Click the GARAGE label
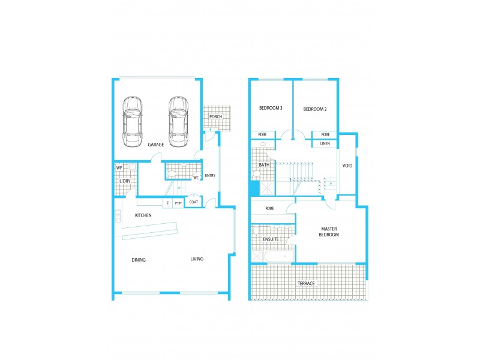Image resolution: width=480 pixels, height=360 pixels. coord(156,145)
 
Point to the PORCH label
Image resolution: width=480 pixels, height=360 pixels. coord(216,116)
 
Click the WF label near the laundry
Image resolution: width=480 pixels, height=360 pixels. coord(119,168)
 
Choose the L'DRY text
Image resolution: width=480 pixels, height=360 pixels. coord(125,181)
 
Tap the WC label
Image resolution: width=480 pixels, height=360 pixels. coord(196,178)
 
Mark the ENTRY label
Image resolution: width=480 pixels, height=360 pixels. coord(210,176)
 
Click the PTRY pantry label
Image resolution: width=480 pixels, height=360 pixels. coord(178,203)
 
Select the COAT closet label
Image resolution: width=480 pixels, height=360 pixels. coord(194,202)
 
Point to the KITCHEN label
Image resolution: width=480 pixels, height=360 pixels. coord(143,215)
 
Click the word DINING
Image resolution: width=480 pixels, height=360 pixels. coord(139,260)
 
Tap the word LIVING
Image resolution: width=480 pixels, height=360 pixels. coord(197,259)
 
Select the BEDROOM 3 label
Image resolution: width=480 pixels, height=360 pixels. coord(271,109)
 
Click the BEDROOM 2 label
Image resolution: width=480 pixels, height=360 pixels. coord(315,109)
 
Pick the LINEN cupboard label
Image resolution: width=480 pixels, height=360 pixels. coord(325,144)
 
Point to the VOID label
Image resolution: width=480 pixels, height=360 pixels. coord(347,166)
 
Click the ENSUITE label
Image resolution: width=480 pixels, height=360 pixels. coord(271,239)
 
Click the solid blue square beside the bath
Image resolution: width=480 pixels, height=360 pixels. coord(254,188)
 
